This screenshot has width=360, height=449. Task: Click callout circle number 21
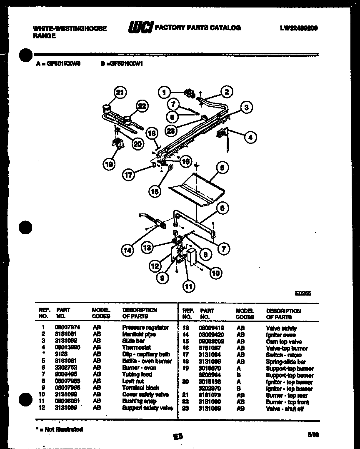pyautogui.click(x=120, y=93)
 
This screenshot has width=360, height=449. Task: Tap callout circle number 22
pyautogui.click(x=142, y=106)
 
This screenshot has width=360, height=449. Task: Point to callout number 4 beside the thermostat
pyautogui.click(x=250, y=137)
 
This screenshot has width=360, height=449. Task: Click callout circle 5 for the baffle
pyautogui.click(x=222, y=168)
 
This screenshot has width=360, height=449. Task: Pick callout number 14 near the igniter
pyautogui.click(x=128, y=250)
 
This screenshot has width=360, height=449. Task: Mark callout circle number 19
pyautogui.click(x=109, y=165)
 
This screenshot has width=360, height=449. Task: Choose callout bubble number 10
pyautogui.click(x=215, y=273)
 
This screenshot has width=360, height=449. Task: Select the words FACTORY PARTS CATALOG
pyautogui.click(x=197, y=28)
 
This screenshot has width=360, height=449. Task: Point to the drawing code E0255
pyautogui.click(x=303, y=293)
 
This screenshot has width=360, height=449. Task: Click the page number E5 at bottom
pyautogui.click(x=178, y=436)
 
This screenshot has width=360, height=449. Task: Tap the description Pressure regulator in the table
pyautogui.click(x=145, y=328)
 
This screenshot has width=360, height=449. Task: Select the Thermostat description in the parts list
pyautogui.click(x=136, y=348)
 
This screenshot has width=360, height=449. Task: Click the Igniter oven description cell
pyautogui.click(x=281, y=335)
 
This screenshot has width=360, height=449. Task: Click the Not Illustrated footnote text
pyautogui.click(x=59, y=429)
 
